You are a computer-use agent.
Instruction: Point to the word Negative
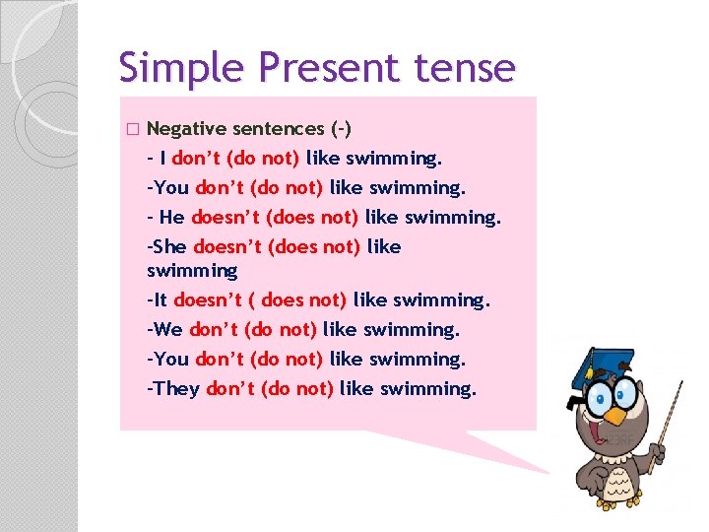coord(192,128)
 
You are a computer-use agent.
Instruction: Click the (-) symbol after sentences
coord(344,128)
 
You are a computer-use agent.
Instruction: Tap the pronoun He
coord(171,217)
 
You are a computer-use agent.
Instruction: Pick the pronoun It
coord(162,299)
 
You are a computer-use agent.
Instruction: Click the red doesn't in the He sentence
coord(226,217)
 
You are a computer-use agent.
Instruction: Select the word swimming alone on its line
coord(192,270)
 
